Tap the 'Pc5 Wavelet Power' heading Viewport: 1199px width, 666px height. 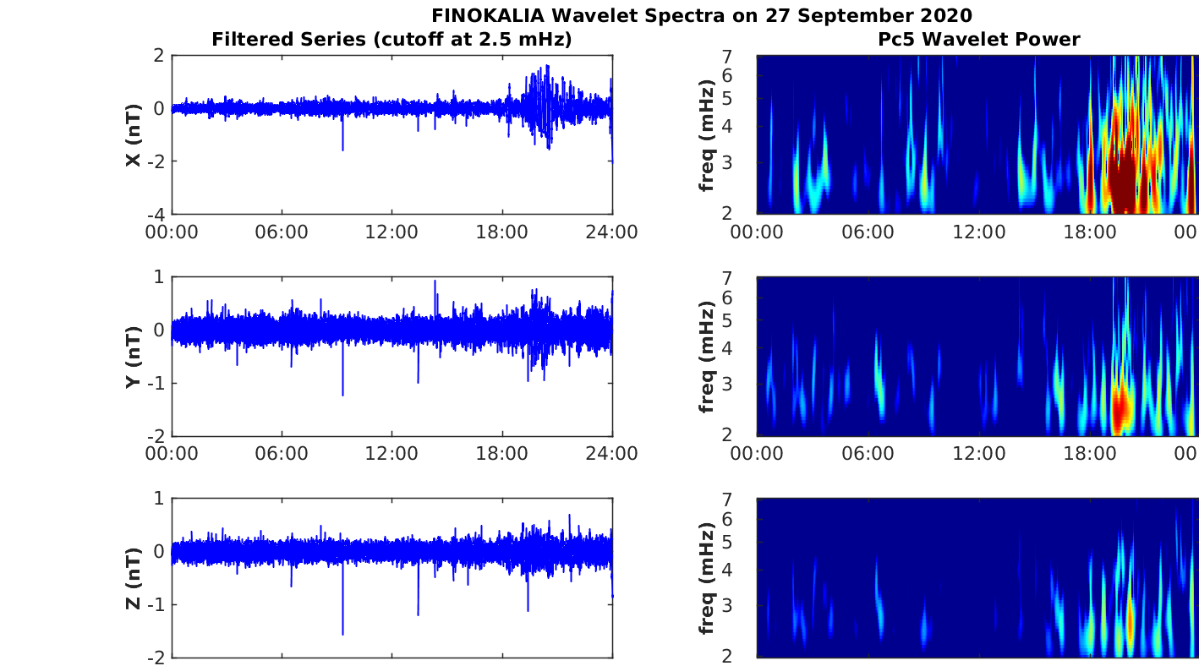click(978, 39)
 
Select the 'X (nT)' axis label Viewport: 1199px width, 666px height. click(133, 134)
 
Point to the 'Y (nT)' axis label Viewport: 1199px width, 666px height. click(133, 357)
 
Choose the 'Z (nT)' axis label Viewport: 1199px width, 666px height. click(133, 578)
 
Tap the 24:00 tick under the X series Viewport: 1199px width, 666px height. click(612, 232)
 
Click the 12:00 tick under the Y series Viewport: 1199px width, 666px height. click(391, 454)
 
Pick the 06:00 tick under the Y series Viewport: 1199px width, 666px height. click(282, 454)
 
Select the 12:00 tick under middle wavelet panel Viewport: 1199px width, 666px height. click(979, 454)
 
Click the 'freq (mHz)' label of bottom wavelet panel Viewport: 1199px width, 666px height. click(708, 578)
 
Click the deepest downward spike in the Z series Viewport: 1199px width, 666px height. click(342, 633)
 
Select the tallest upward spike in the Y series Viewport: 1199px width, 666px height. click(435, 281)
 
